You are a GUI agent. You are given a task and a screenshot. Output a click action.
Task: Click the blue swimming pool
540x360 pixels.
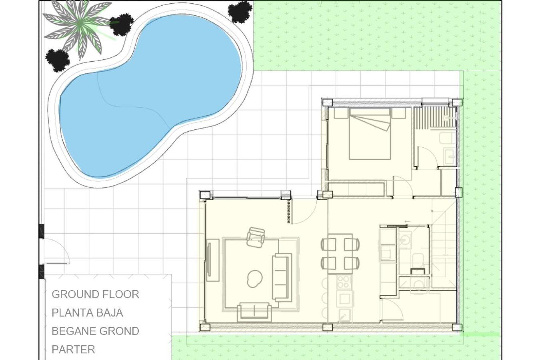149,98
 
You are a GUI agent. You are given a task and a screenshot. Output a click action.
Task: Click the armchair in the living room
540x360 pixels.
256,238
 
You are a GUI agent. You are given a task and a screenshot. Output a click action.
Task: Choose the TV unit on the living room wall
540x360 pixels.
213,260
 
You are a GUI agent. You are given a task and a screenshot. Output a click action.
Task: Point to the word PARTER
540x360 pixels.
73,349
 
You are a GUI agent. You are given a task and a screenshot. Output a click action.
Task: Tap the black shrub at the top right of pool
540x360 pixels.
240,11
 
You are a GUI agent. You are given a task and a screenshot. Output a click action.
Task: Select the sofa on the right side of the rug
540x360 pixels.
282,277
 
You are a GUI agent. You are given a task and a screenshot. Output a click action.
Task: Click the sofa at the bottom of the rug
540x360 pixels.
254,312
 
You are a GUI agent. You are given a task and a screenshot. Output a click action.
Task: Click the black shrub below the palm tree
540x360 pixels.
58,60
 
